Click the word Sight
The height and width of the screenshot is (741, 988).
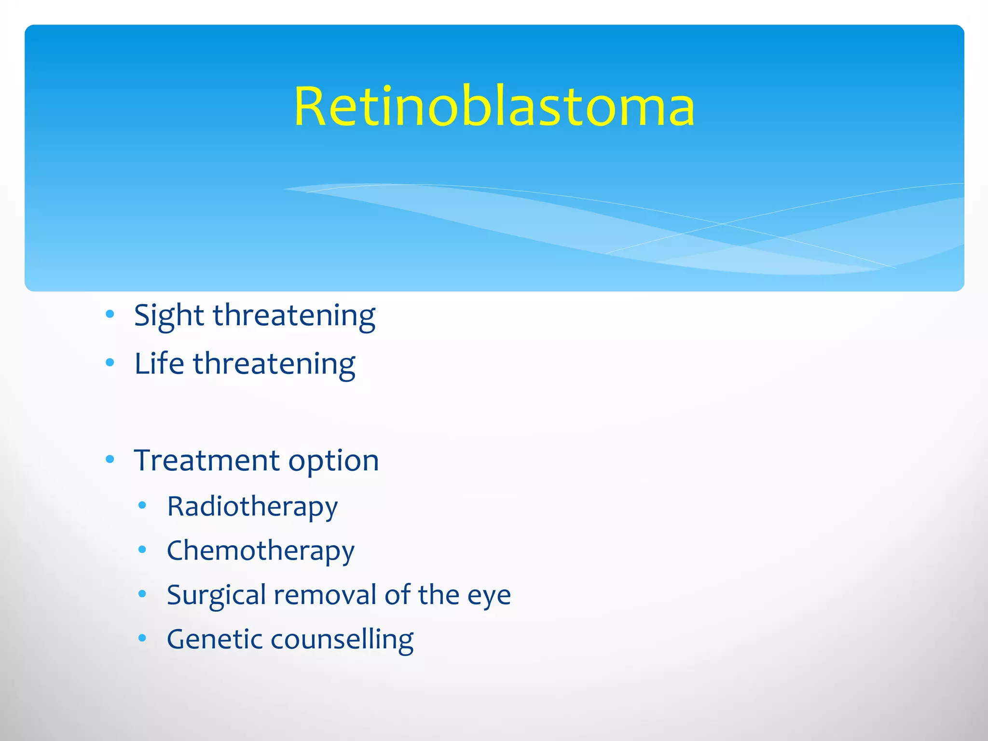pos(169,316)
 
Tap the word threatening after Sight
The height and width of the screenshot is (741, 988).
pos(294,316)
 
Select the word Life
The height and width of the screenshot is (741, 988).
pos(159,364)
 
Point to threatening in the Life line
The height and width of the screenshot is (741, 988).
pos(274,365)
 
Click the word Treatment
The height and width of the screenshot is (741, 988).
pos(206,460)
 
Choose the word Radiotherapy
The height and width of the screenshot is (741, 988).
pos(252,507)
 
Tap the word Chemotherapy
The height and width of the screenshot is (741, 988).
pos(261,551)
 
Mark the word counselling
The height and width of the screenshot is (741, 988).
pos(342,640)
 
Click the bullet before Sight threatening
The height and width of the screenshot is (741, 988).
pos(110,315)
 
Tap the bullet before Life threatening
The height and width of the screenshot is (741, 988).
pos(110,362)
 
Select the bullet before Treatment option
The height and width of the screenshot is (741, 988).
pos(110,459)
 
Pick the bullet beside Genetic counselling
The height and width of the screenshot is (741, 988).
pos(142,638)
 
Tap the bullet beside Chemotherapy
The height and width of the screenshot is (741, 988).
pos(142,549)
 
